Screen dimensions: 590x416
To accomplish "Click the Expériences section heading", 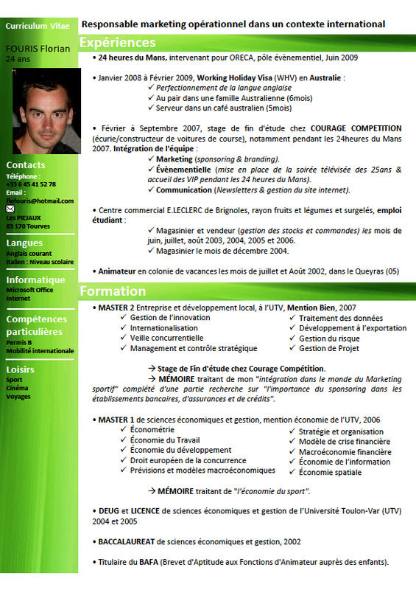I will click(x=118, y=42).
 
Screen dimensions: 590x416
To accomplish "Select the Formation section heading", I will click(x=113, y=291).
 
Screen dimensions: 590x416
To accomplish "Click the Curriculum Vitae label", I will click(x=38, y=26).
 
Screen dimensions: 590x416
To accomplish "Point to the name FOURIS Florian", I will click(x=38, y=49).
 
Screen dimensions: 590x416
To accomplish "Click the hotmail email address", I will click(x=40, y=201).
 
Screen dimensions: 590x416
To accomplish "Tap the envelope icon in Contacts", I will click(x=10, y=209).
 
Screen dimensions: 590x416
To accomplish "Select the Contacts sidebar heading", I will click(x=26, y=165).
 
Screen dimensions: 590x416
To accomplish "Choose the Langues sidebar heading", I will click(x=24, y=243).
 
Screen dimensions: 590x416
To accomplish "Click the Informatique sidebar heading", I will click(x=35, y=280).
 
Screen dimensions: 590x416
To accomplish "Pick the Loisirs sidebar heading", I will click(x=21, y=369).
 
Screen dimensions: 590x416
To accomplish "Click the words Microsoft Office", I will click(x=30, y=290).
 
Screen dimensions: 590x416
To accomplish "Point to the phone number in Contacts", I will click(x=31, y=184).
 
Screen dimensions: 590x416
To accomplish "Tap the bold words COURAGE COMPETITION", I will click(x=356, y=128).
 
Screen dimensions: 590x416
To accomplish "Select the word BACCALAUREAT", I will click(x=127, y=541).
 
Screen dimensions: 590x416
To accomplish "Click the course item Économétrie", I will click(x=152, y=429).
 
